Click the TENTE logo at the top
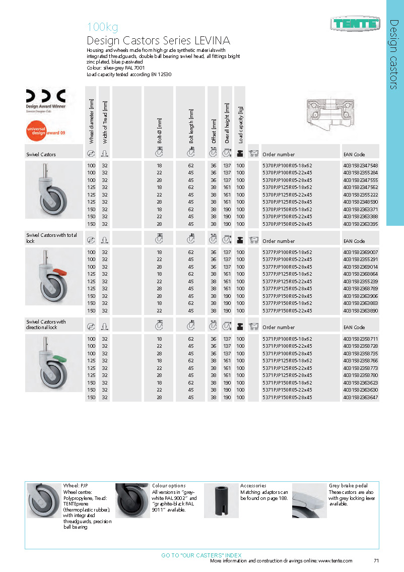[355, 23]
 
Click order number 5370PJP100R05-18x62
[287, 165]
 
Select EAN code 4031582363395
[360, 224]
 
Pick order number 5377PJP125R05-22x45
[287, 281]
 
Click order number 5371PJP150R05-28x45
[287, 397]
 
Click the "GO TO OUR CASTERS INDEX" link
[201, 555]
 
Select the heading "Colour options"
[169, 486]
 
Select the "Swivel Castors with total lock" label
[52, 237]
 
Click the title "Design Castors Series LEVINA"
[158, 41]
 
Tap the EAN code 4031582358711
[360, 339]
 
